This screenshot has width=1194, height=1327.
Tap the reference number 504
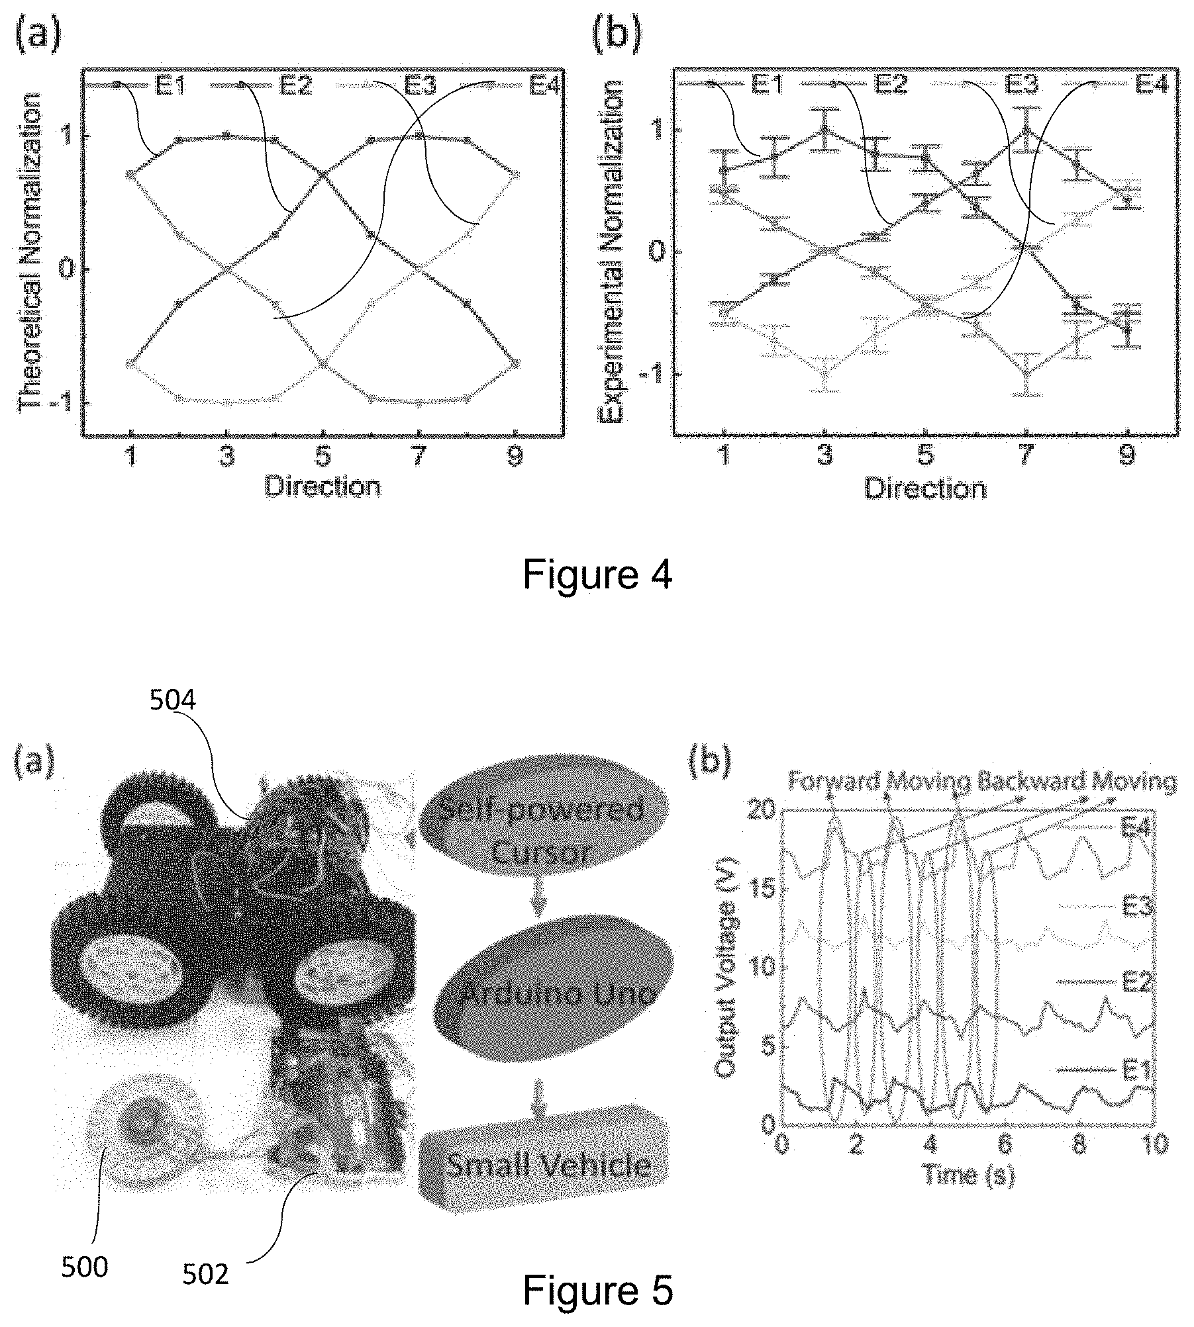coord(172,700)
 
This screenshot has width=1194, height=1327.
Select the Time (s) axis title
coord(968,1175)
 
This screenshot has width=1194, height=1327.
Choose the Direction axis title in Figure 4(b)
coord(925,488)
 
